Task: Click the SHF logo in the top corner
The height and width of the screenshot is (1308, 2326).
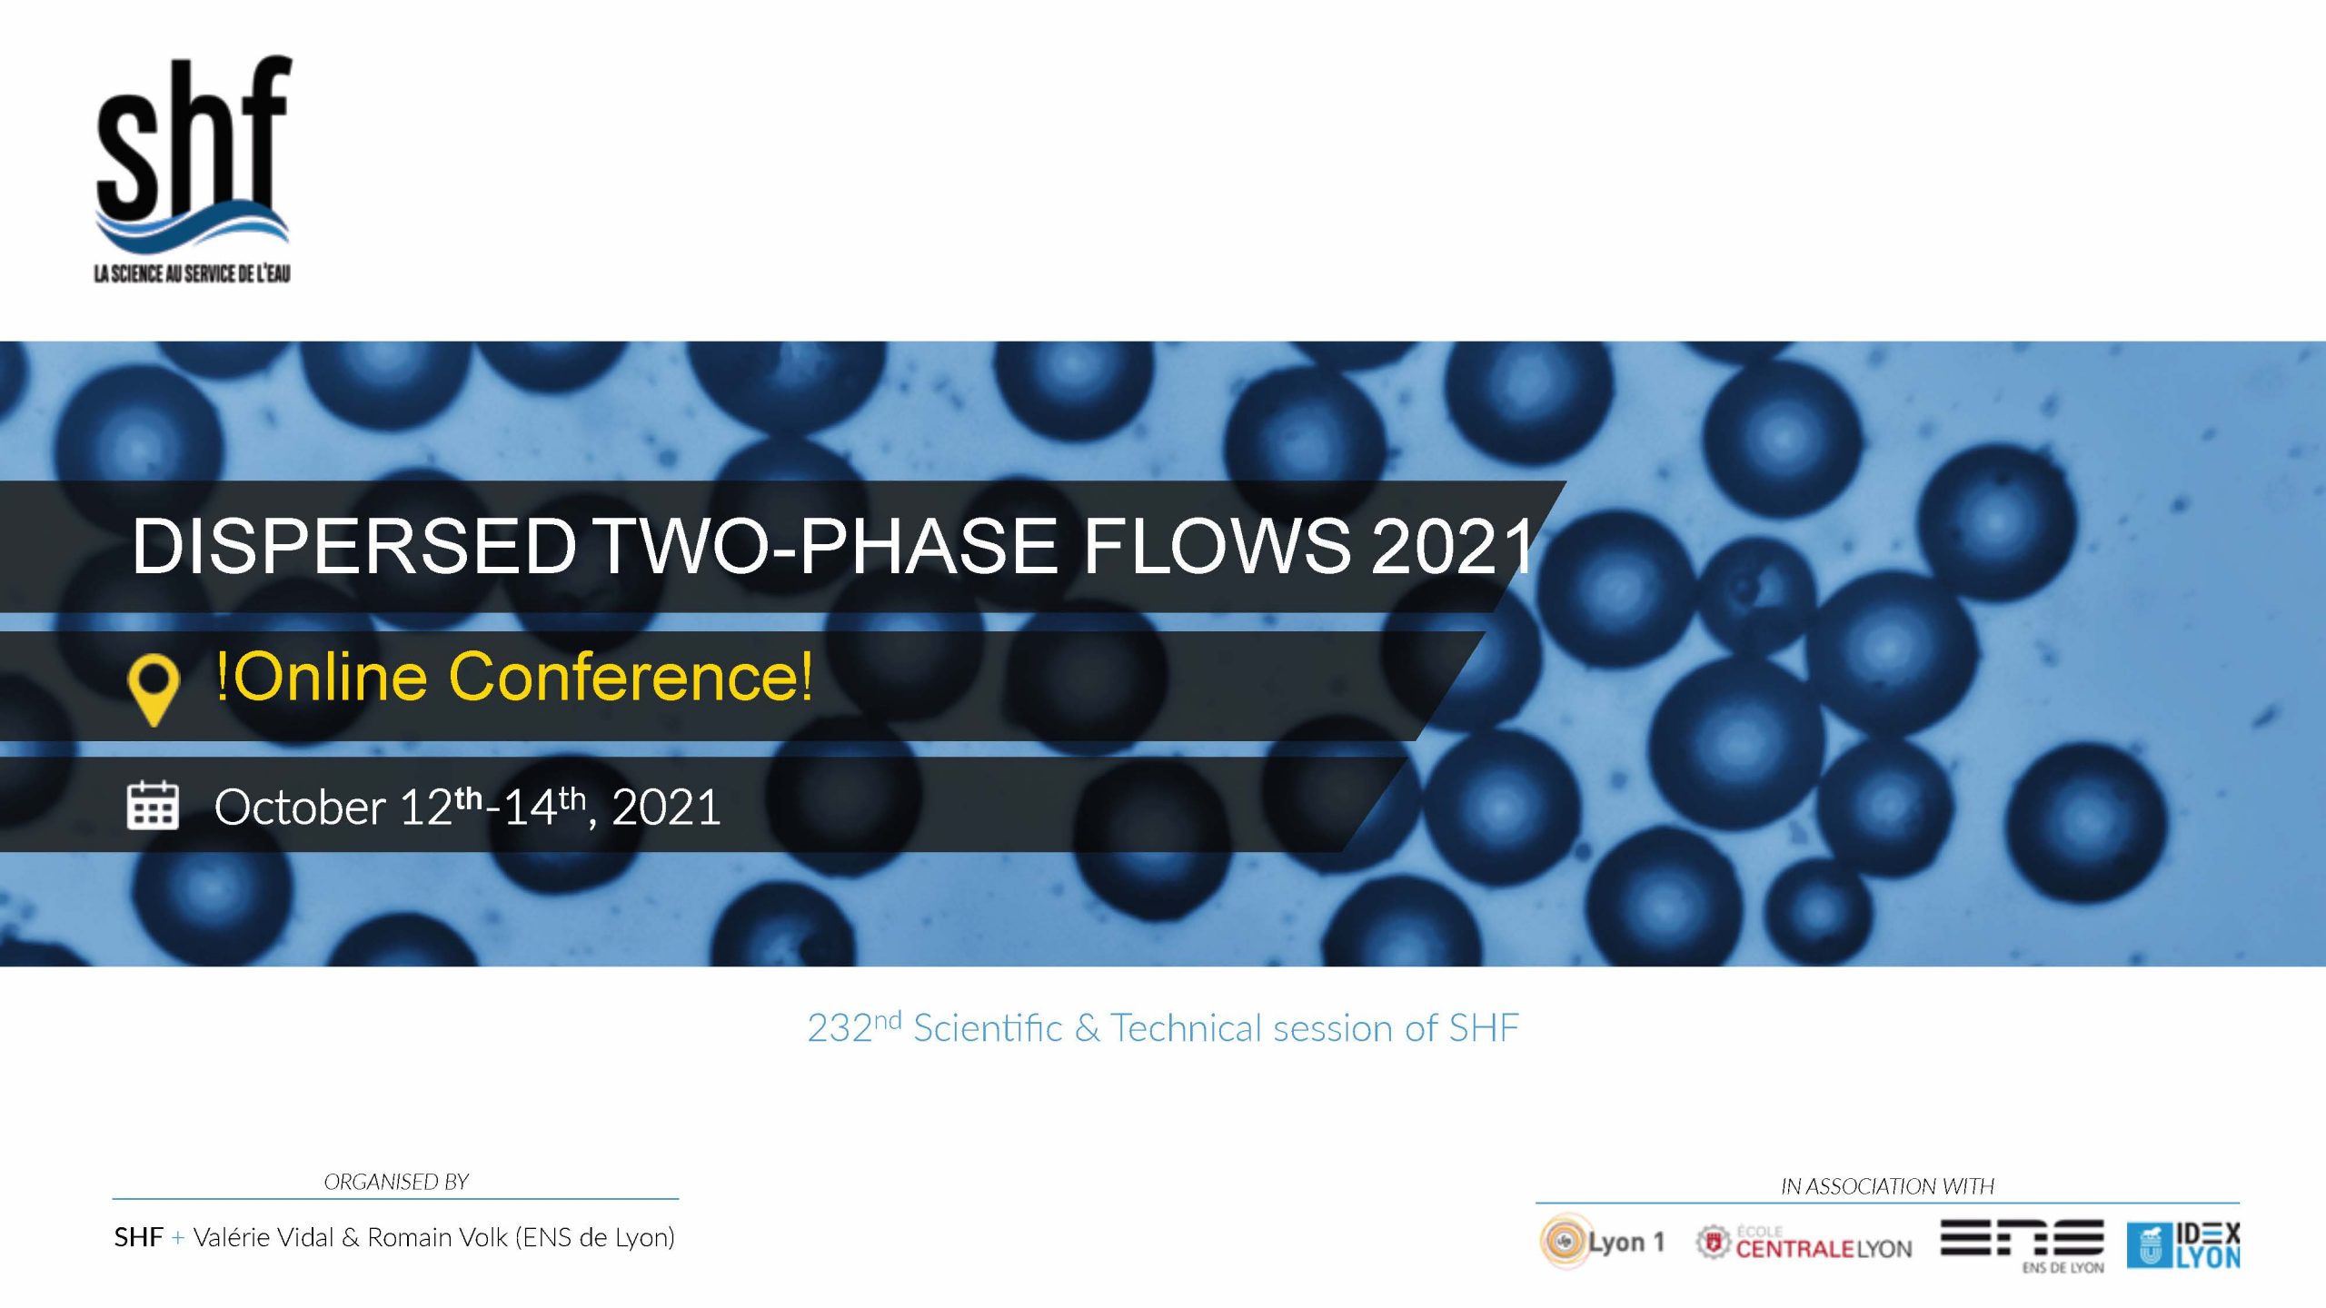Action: (193, 169)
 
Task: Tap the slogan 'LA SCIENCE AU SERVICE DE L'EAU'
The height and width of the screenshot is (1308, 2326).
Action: (193, 273)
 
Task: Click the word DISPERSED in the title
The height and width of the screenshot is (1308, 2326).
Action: (354, 546)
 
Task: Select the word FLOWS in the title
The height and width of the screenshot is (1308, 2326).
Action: (1216, 546)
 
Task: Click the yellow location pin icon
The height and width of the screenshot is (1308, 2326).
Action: (154, 689)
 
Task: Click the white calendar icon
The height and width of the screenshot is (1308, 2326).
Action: (153, 805)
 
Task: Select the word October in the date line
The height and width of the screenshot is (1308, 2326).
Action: (301, 807)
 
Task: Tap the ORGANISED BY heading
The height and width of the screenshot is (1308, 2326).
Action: (396, 1182)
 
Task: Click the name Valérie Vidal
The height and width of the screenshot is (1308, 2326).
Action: (263, 1237)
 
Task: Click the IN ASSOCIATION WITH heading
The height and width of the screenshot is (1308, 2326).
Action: (1887, 1186)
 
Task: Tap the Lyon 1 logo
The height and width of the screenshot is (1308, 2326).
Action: (1602, 1241)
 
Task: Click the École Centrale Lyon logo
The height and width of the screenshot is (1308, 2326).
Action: (1804, 1243)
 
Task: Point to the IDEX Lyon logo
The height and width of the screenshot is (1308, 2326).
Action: (2183, 1245)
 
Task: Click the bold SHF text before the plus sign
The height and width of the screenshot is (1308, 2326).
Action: (139, 1237)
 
